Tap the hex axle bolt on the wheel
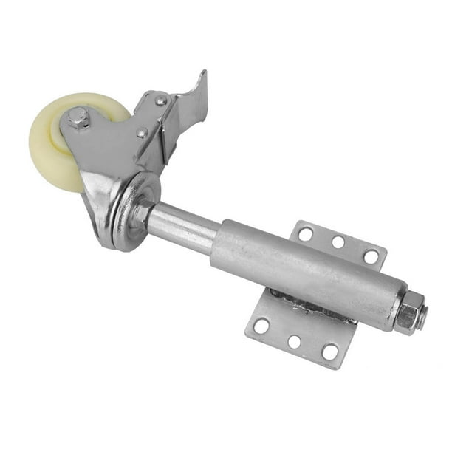click(78, 118)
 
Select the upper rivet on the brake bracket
click(160, 100)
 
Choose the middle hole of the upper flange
click(338, 242)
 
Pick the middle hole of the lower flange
click(294, 341)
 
